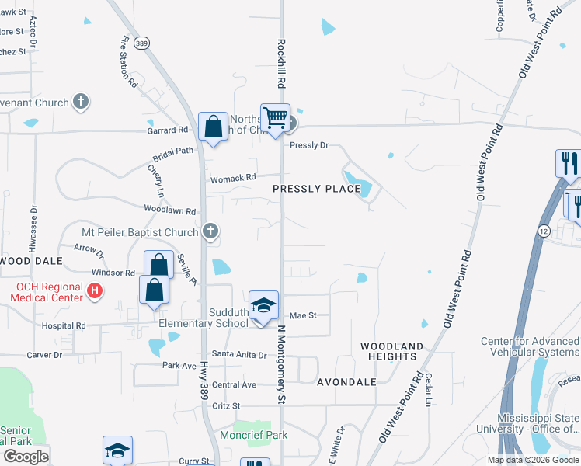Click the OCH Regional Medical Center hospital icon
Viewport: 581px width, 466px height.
(95, 292)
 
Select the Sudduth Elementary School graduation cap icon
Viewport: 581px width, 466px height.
(263, 305)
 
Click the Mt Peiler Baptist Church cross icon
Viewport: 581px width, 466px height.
(210, 231)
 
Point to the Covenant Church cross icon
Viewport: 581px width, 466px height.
(80, 101)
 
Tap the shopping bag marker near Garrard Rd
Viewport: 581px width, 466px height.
(213, 127)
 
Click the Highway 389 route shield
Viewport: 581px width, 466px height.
(141, 44)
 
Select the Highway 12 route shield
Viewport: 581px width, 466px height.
(543, 231)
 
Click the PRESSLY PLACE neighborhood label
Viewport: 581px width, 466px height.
(317, 189)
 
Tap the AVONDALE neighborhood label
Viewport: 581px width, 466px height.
(347, 382)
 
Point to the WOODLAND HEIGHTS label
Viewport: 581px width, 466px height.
(392, 351)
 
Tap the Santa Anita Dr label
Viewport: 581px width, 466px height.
(239, 355)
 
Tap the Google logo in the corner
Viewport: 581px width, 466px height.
(26, 457)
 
